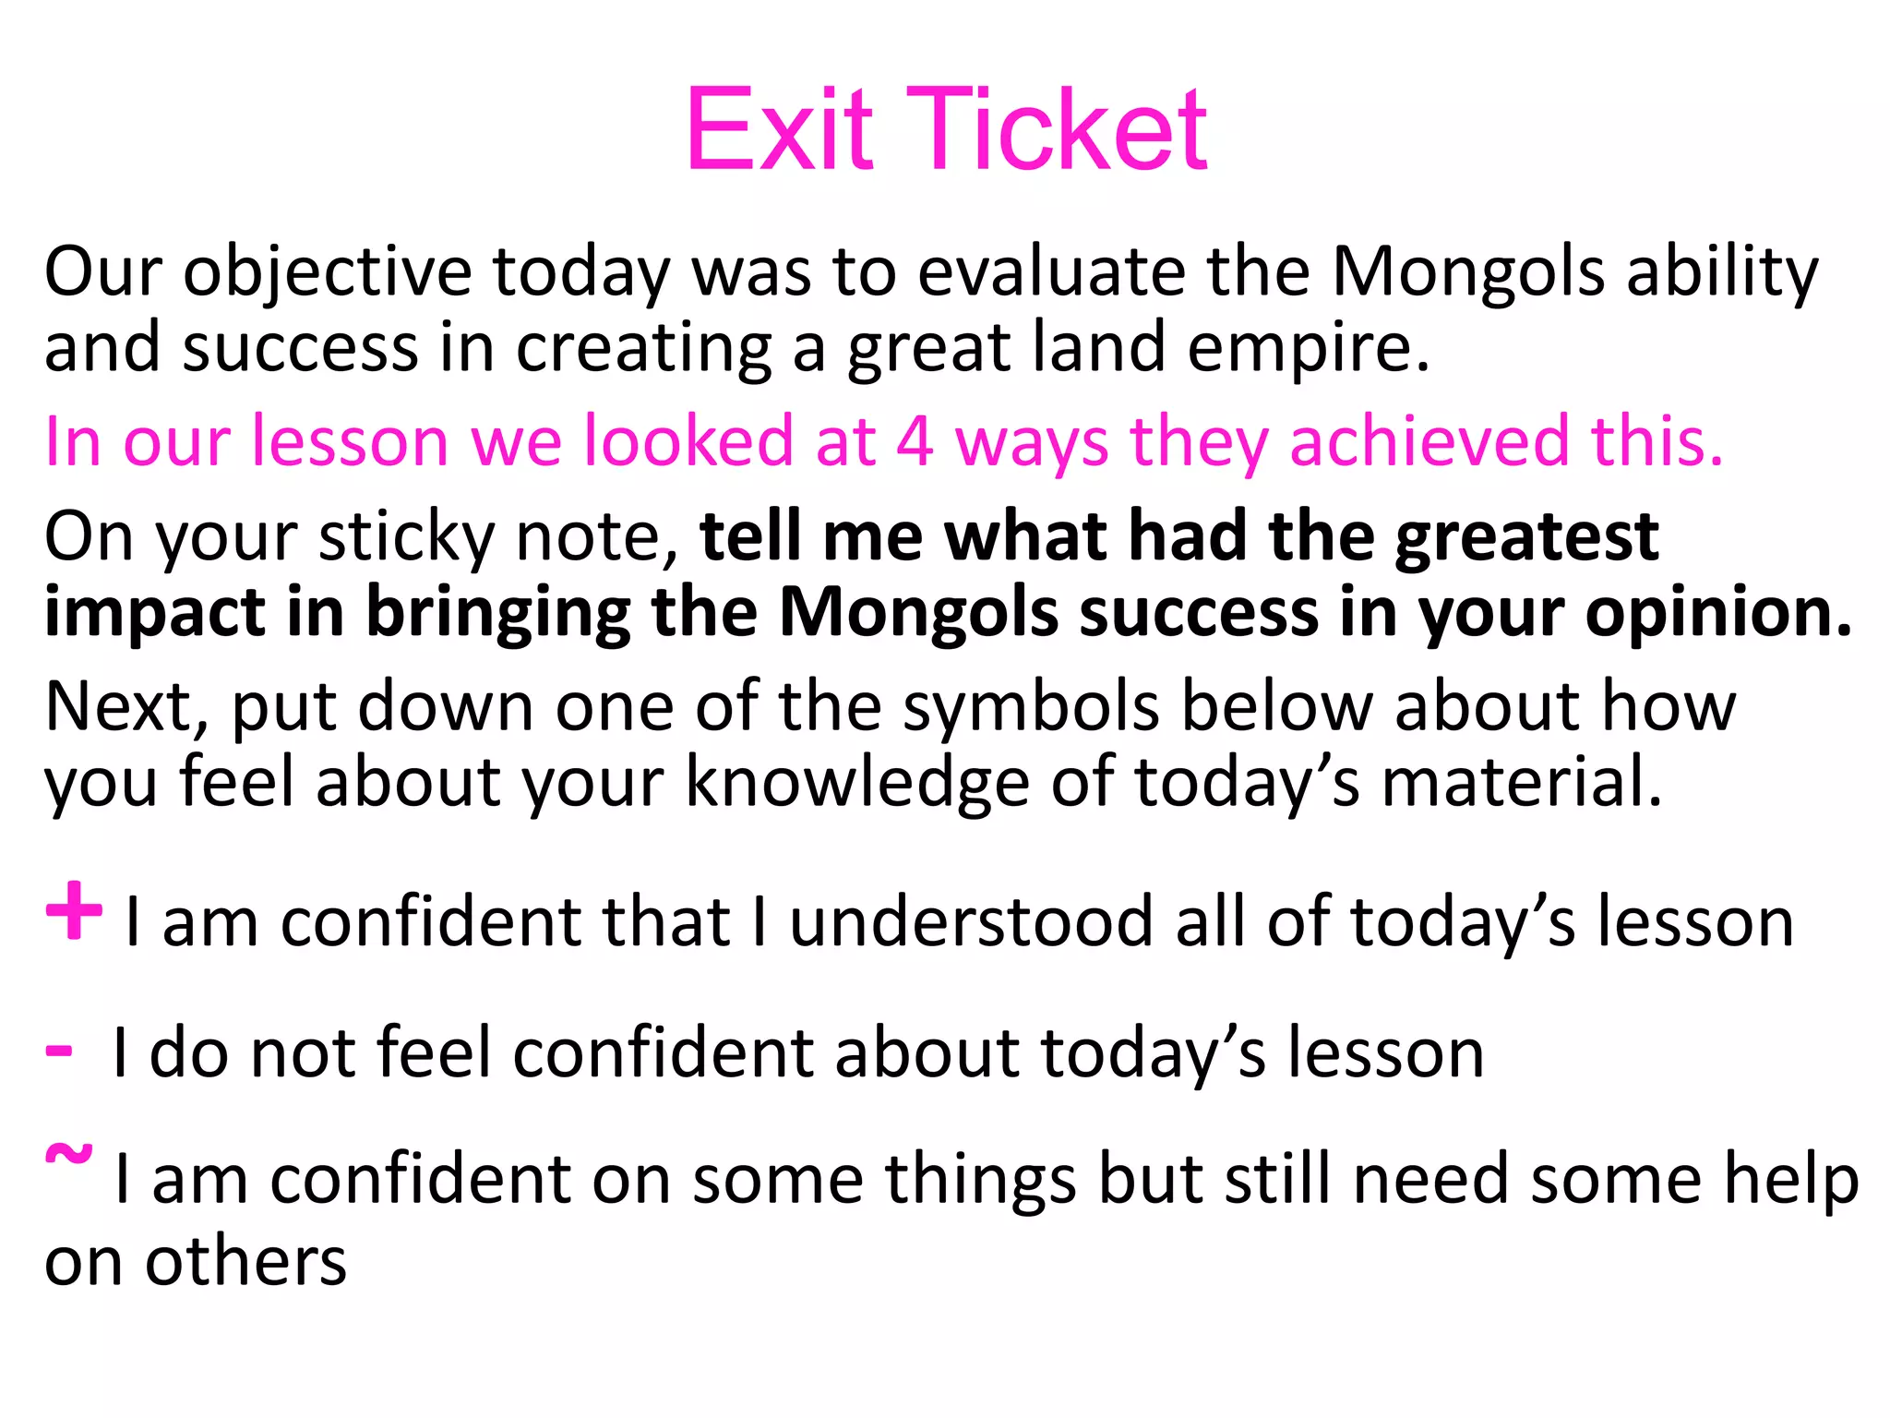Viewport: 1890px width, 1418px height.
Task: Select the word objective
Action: coord(328,273)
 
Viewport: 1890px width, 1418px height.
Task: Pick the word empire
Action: coord(1308,349)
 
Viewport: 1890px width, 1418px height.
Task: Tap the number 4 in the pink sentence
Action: coord(915,441)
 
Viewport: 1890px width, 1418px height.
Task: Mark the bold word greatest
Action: coord(1526,537)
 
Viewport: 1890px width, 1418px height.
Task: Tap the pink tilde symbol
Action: coord(69,1155)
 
